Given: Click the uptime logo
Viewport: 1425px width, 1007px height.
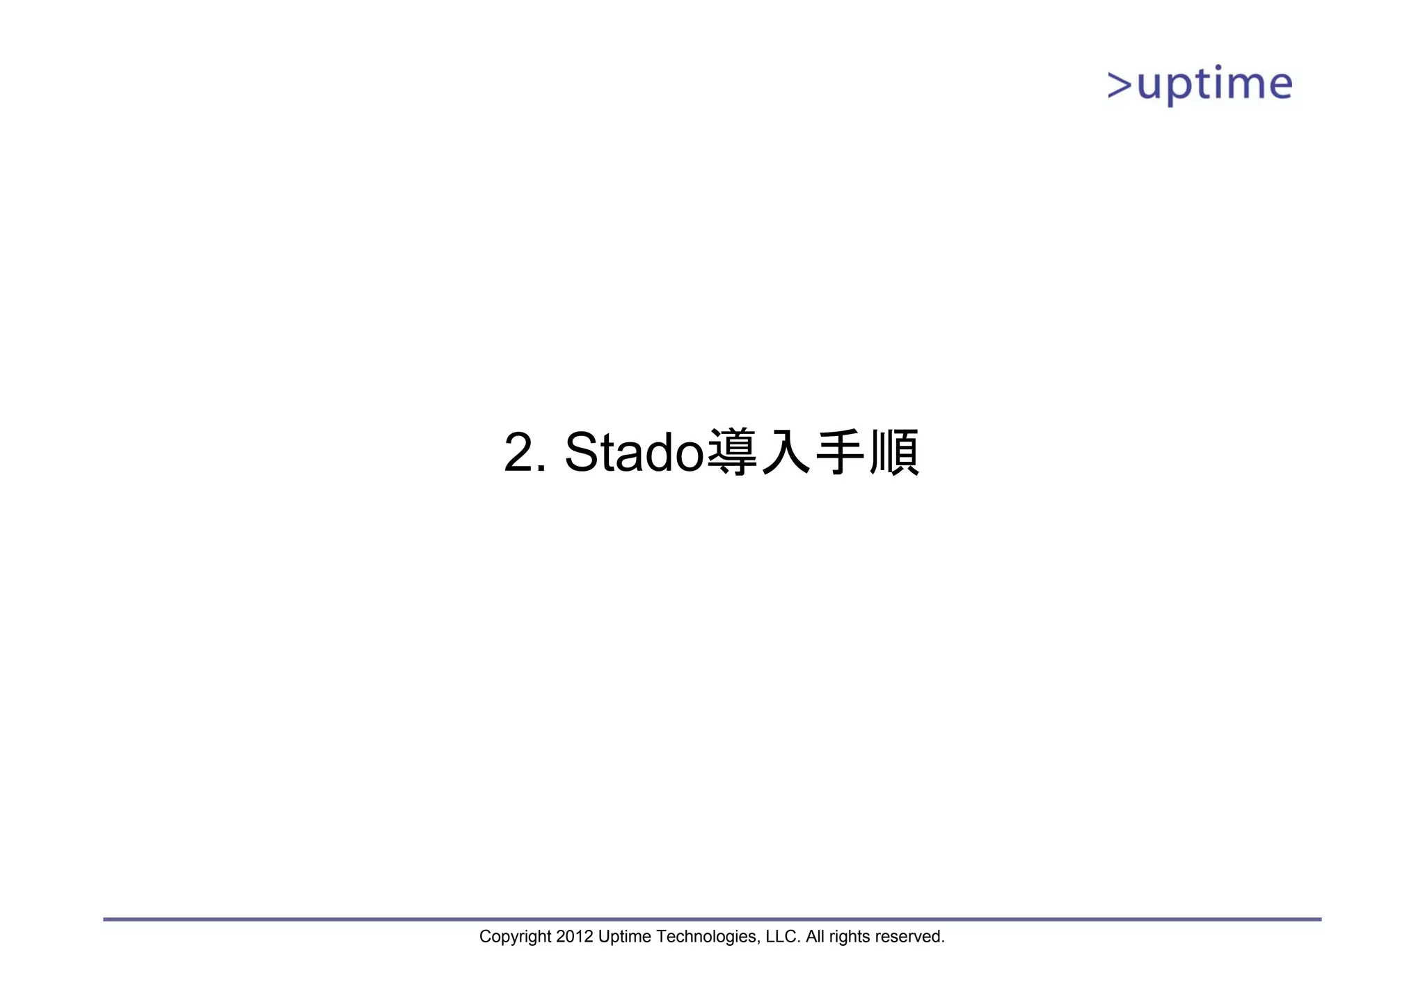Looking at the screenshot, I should tap(1200, 86).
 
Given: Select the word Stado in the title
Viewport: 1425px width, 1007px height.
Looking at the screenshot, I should tap(635, 452).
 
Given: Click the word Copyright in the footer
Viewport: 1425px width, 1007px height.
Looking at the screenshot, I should tap(515, 937).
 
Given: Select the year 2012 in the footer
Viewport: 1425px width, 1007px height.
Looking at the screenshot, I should tap(574, 937).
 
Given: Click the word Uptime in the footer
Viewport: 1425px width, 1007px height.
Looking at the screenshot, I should tap(624, 937).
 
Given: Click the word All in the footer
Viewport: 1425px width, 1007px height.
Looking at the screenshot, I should tap(814, 937).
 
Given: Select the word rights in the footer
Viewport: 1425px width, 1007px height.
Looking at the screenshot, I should tap(849, 937).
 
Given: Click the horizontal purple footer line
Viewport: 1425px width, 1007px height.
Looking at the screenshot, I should tap(712, 919).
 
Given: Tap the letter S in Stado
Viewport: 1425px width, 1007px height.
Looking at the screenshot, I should tap(582, 453).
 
